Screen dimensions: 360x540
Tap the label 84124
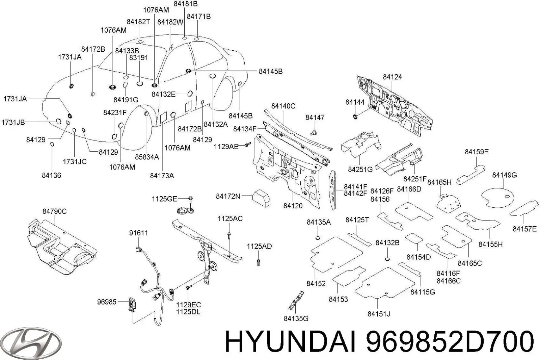[x=392, y=77]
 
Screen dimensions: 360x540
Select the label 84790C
[x=54, y=211]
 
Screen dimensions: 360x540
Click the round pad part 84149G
[x=497, y=198]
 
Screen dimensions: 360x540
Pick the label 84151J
[x=379, y=314]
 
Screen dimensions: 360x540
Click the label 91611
[x=138, y=233]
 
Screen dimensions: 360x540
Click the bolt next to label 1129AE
[x=247, y=145]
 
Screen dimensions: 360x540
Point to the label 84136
[x=51, y=176]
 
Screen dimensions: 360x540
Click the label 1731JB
[x=13, y=122]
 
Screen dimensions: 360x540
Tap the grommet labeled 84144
[x=355, y=117]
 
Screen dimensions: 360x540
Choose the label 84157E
[x=524, y=229]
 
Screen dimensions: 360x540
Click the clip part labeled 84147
[x=314, y=131]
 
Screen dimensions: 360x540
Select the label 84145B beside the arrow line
[x=270, y=72]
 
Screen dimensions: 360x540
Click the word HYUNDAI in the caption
[x=290, y=341]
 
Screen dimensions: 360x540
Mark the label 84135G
[x=296, y=318]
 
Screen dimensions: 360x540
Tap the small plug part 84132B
[x=387, y=259]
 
